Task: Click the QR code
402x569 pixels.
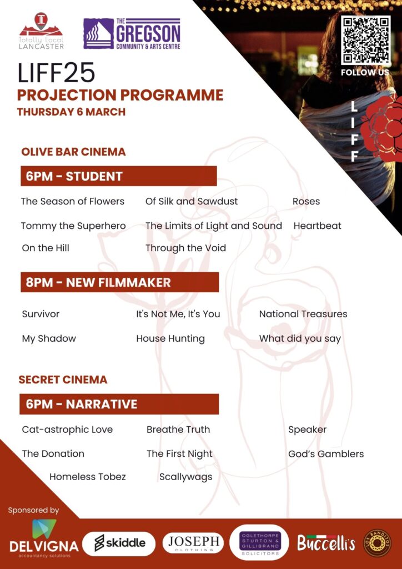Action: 366,41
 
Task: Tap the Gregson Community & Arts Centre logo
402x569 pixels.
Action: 132,34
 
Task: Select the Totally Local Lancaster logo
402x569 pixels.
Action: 41,31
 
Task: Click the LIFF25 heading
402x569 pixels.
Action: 56,73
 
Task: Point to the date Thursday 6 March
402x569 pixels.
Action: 71,112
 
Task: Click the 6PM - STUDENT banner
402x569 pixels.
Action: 118,176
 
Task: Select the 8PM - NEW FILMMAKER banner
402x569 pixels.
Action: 119,282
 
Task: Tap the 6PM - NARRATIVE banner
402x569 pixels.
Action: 119,404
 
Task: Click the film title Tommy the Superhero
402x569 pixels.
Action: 73,226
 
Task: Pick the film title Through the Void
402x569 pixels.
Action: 185,248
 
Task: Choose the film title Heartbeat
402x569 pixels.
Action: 317,226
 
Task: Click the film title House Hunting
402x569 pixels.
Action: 170,339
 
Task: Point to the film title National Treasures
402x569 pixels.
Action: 303,314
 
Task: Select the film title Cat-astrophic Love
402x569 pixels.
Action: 67,430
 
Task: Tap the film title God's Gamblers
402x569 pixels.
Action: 326,453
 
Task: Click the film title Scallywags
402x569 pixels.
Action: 185,477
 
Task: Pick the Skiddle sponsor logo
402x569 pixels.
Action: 119,543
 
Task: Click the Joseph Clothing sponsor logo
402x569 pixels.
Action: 193,543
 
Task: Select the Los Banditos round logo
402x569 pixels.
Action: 378,543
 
